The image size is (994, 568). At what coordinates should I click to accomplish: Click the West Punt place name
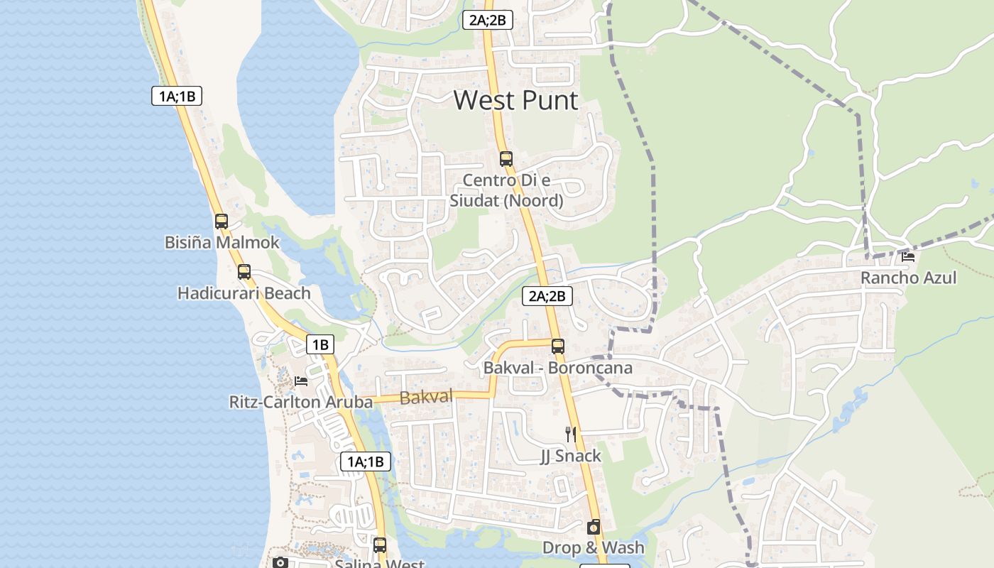[515, 100]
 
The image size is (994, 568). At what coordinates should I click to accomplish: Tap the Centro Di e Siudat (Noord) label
[506, 190]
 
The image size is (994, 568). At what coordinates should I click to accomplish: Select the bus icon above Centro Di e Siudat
[506, 158]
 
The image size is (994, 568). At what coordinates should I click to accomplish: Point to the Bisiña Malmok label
[222, 243]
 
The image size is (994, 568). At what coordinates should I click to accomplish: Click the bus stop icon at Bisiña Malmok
[222, 221]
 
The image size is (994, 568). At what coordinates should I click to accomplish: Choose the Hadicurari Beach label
[244, 293]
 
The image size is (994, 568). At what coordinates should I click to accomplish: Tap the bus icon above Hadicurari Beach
[244, 271]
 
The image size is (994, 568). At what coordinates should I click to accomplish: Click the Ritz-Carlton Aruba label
[300, 403]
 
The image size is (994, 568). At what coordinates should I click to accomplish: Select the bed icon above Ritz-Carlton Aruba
[301, 381]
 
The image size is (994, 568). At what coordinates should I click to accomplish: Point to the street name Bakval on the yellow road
[426, 398]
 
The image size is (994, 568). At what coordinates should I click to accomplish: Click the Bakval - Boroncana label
[557, 368]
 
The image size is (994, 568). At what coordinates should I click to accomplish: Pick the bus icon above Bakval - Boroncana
[558, 346]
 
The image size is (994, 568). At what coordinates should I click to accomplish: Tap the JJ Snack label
[571, 456]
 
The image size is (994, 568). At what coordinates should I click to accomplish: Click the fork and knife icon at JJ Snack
[570, 434]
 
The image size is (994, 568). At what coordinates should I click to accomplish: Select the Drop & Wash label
[594, 547]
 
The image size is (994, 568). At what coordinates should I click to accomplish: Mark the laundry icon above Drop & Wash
[594, 527]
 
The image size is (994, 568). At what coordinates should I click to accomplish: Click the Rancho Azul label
[909, 278]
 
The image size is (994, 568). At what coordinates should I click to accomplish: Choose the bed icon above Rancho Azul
[908, 257]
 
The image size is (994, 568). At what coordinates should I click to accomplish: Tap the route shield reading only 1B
[320, 345]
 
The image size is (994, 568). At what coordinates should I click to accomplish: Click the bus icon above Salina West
[380, 545]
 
